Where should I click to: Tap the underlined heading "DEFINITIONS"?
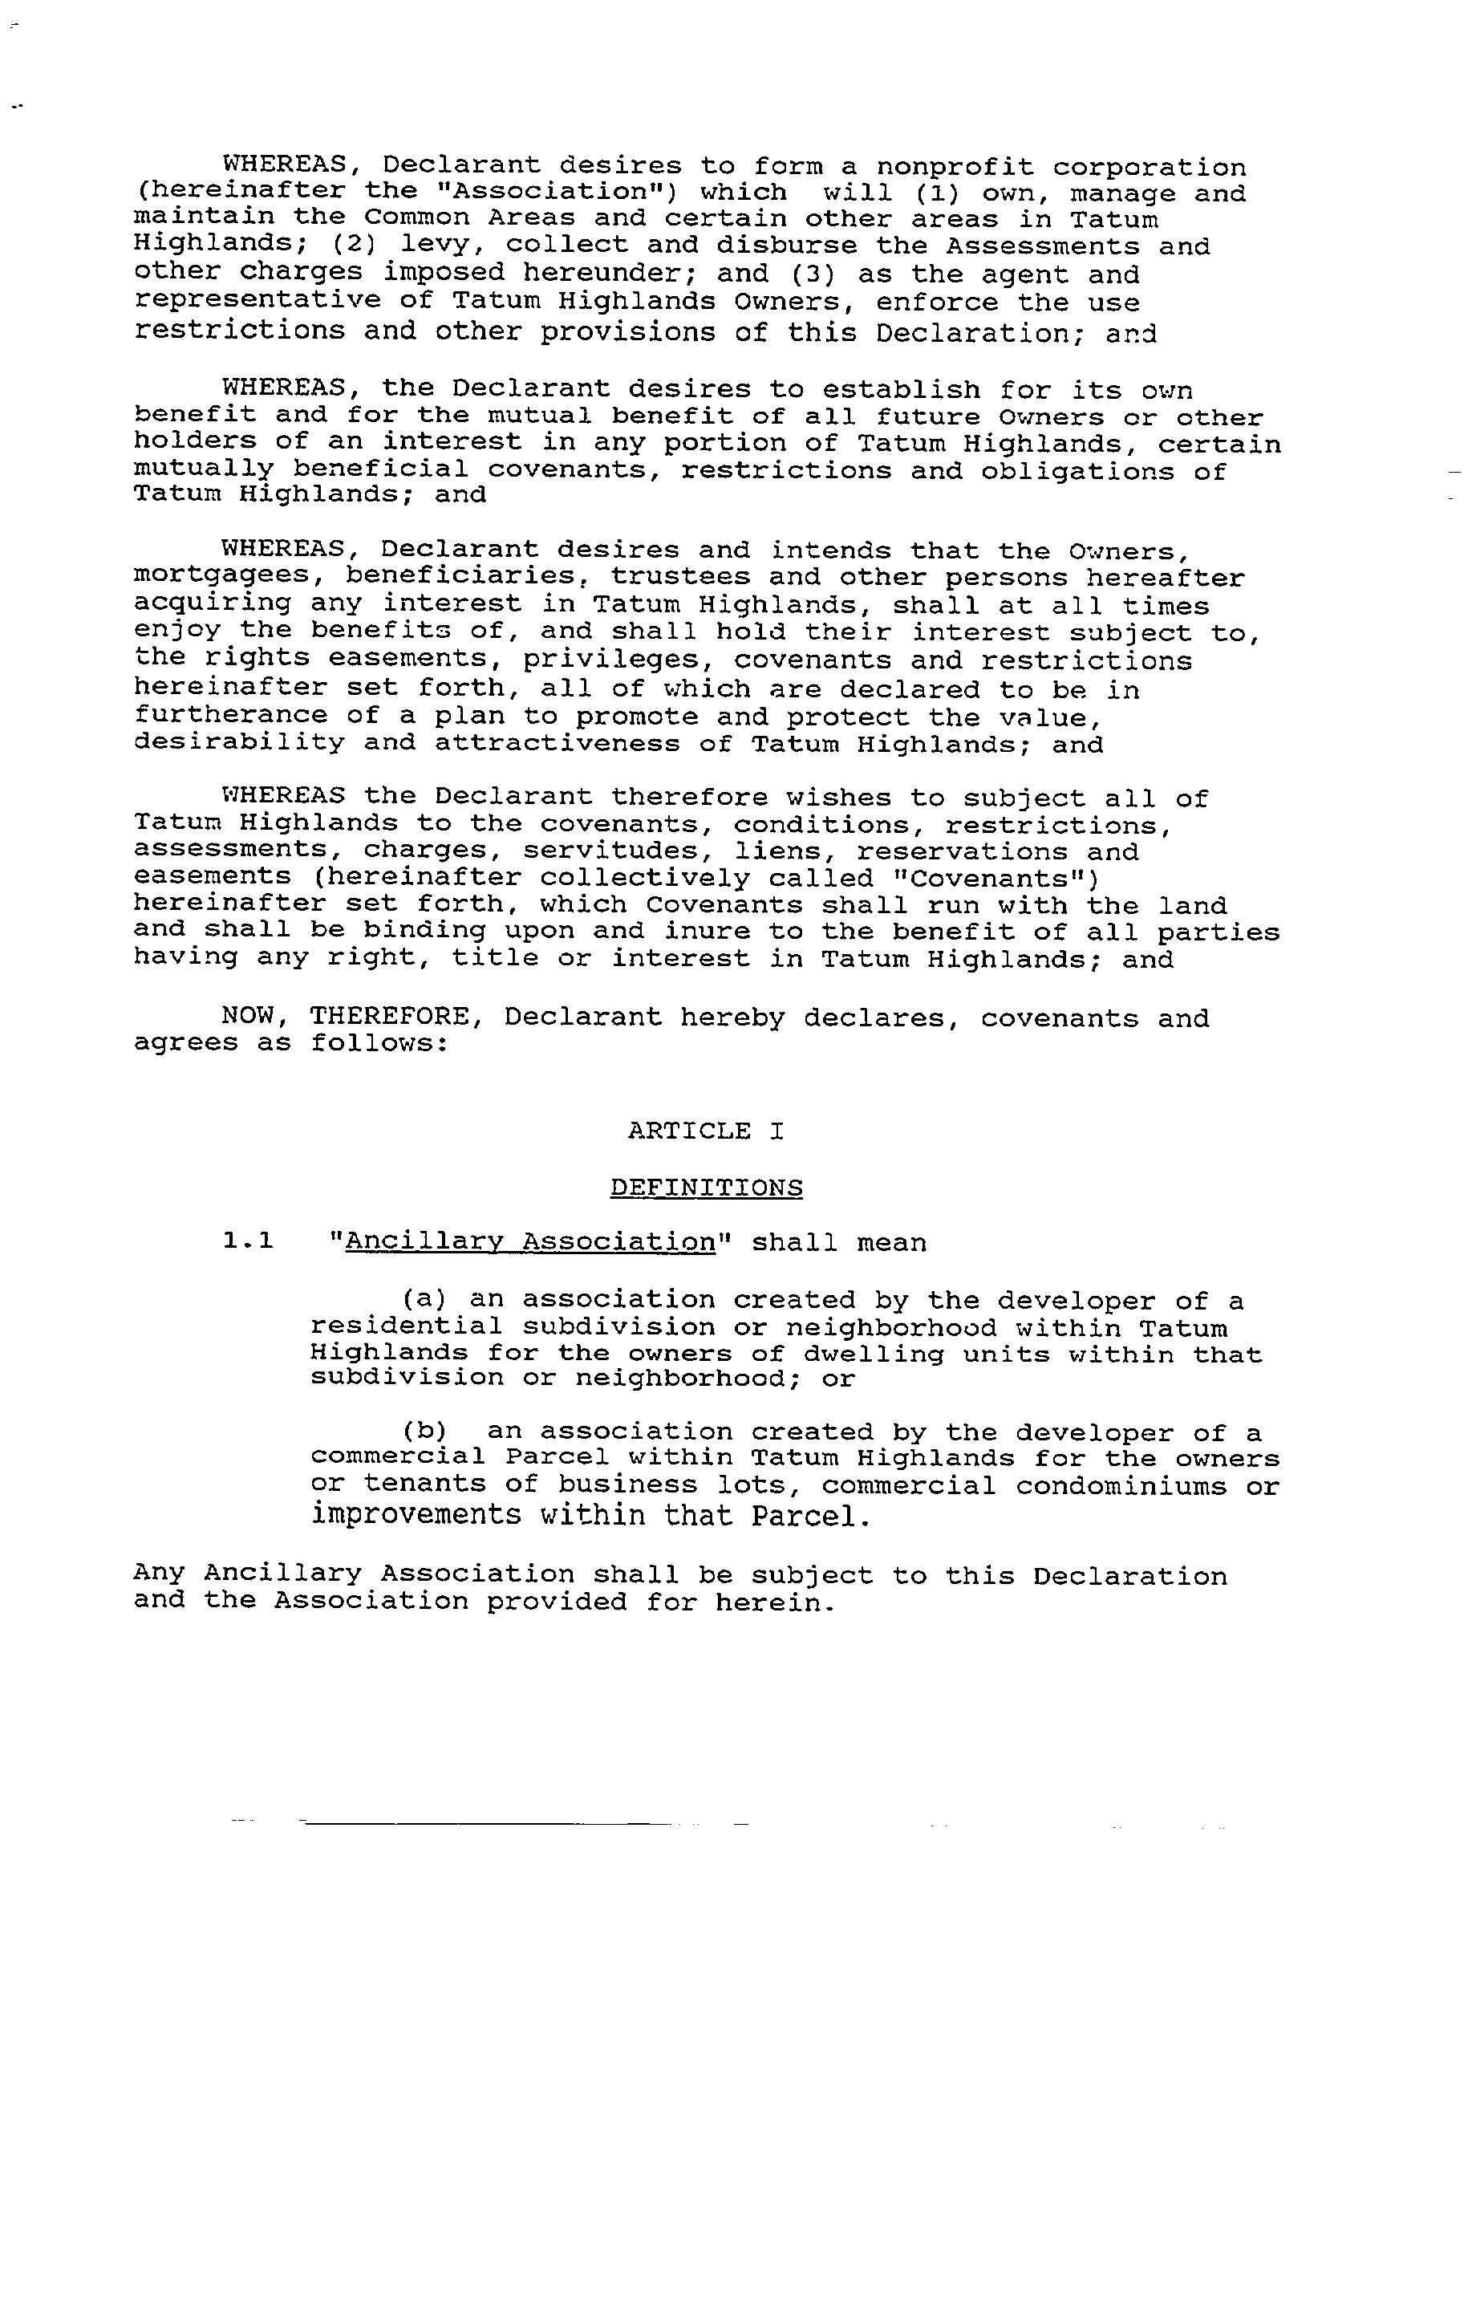[x=707, y=1188]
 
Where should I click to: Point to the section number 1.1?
[x=248, y=1242]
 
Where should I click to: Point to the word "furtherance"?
[x=230, y=716]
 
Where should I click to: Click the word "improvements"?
[x=416, y=1516]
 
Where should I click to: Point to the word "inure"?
[x=699, y=932]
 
